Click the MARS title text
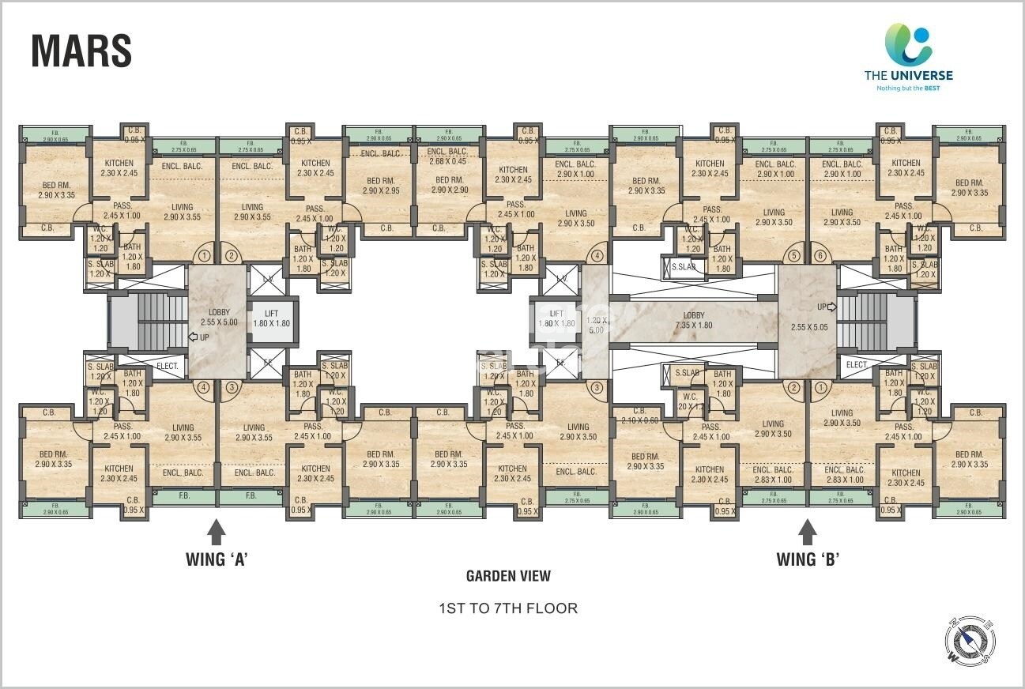point(81,51)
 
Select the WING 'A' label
point(217,559)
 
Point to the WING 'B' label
point(808,559)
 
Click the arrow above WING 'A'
point(217,530)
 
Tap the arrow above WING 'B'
point(808,530)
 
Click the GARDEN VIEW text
point(508,576)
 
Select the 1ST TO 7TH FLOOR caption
point(508,608)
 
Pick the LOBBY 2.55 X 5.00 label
point(219,317)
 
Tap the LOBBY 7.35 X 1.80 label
point(693,320)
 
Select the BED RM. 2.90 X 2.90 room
point(448,185)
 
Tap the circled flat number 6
point(820,256)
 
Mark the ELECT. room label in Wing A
point(168,366)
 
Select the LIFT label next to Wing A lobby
point(271,318)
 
